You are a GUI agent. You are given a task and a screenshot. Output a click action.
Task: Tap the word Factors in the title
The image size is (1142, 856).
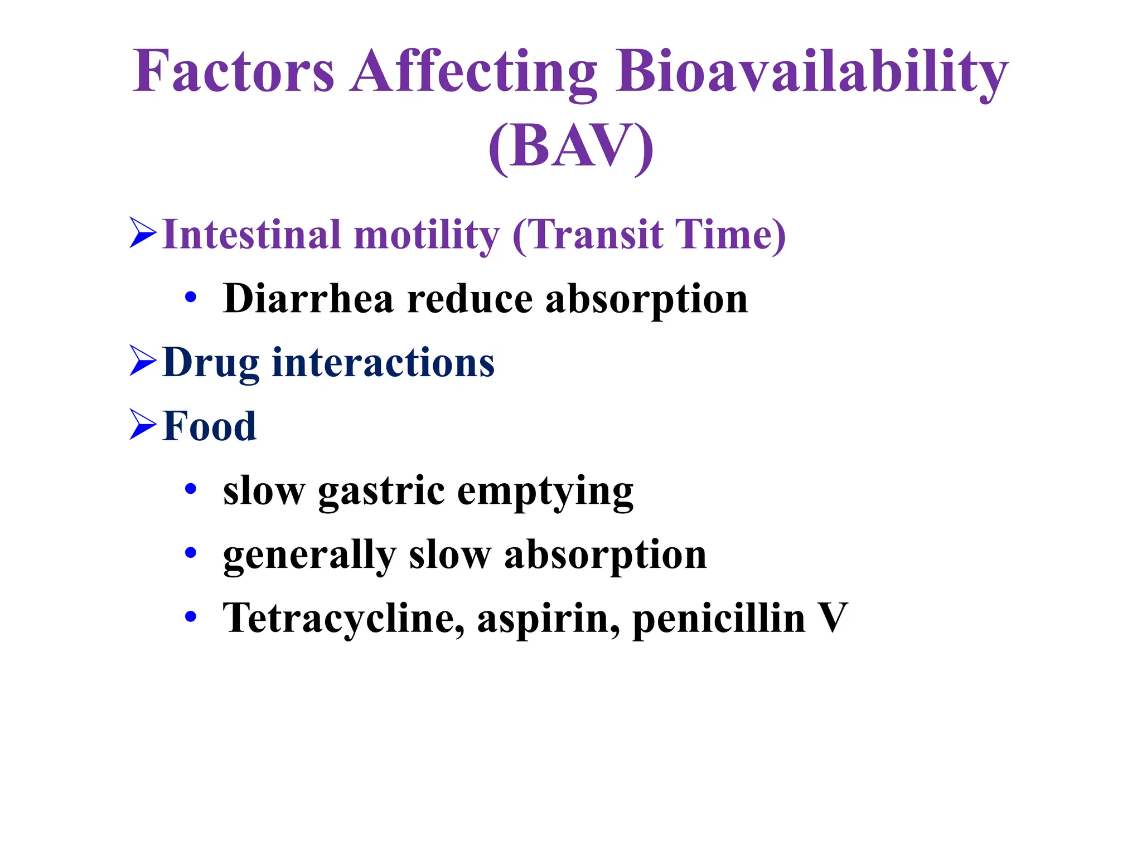click(x=234, y=72)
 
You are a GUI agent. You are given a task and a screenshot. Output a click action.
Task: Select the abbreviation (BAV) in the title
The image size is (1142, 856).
click(x=570, y=146)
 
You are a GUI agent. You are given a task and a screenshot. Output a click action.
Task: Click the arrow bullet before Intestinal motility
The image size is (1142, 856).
click(x=143, y=234)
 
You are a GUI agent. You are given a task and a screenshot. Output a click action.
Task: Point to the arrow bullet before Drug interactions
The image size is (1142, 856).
click(x=143, y=361)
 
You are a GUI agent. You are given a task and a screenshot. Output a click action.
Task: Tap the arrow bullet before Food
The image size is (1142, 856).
click(x=143, y=425)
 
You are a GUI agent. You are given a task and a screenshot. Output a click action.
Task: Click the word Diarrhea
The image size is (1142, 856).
click(x=308, y=299)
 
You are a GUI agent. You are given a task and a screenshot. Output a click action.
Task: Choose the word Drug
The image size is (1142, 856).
click(x=211, y=363)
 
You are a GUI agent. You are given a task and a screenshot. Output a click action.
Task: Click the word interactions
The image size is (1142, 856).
click(x=383, y=362)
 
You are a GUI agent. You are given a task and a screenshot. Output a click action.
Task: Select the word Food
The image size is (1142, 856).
click(x=210, y=426)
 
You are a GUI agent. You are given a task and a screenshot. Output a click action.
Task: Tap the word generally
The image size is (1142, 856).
click(x=309, y=556)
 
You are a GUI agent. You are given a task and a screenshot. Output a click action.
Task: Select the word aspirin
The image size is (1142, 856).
click(x=548, y=620)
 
